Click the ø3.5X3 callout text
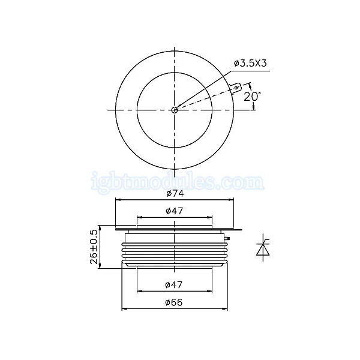(x=250, y=63)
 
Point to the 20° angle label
(x=252, y=97)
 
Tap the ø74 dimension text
(x=175, y=194)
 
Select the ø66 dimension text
(x=174, y=302)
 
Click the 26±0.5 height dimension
(x=94, y=247)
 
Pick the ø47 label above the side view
(x=175, y=211)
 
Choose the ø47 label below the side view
(x=174, y=285)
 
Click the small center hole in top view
(x=175, y=110)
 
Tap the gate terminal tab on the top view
(x=236, y=88)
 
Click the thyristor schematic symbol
(x=263, y=247)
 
